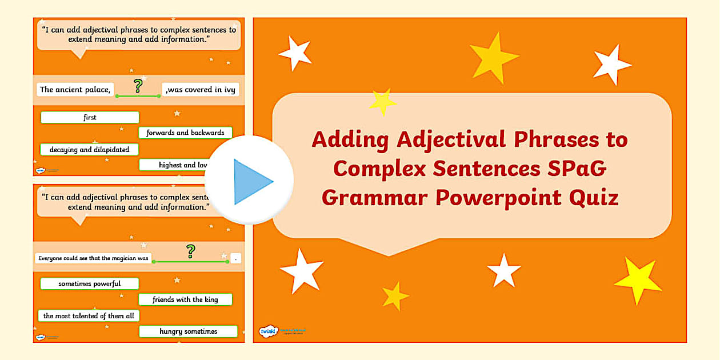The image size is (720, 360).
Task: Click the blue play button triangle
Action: pos(251,182)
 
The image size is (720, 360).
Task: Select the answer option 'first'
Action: pos(90,118)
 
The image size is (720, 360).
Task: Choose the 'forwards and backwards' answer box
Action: pos(185,133)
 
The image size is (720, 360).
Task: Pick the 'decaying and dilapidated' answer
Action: pos(89,150)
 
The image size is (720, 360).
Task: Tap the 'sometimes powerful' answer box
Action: pos(89,283)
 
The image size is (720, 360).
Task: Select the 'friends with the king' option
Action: pos(186,299)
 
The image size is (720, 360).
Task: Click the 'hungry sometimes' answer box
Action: pos(188,331)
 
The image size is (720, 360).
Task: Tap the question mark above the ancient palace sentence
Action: pos(137,86)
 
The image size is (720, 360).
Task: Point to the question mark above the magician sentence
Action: pos(191,250)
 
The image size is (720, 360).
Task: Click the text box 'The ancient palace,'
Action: pos(75,89)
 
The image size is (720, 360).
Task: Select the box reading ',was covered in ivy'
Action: pos(201,89)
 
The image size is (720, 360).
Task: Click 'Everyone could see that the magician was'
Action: pos(93,258)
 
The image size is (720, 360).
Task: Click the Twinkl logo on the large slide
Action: pos(267,331)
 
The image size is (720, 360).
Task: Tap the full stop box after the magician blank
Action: pos(235,258)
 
